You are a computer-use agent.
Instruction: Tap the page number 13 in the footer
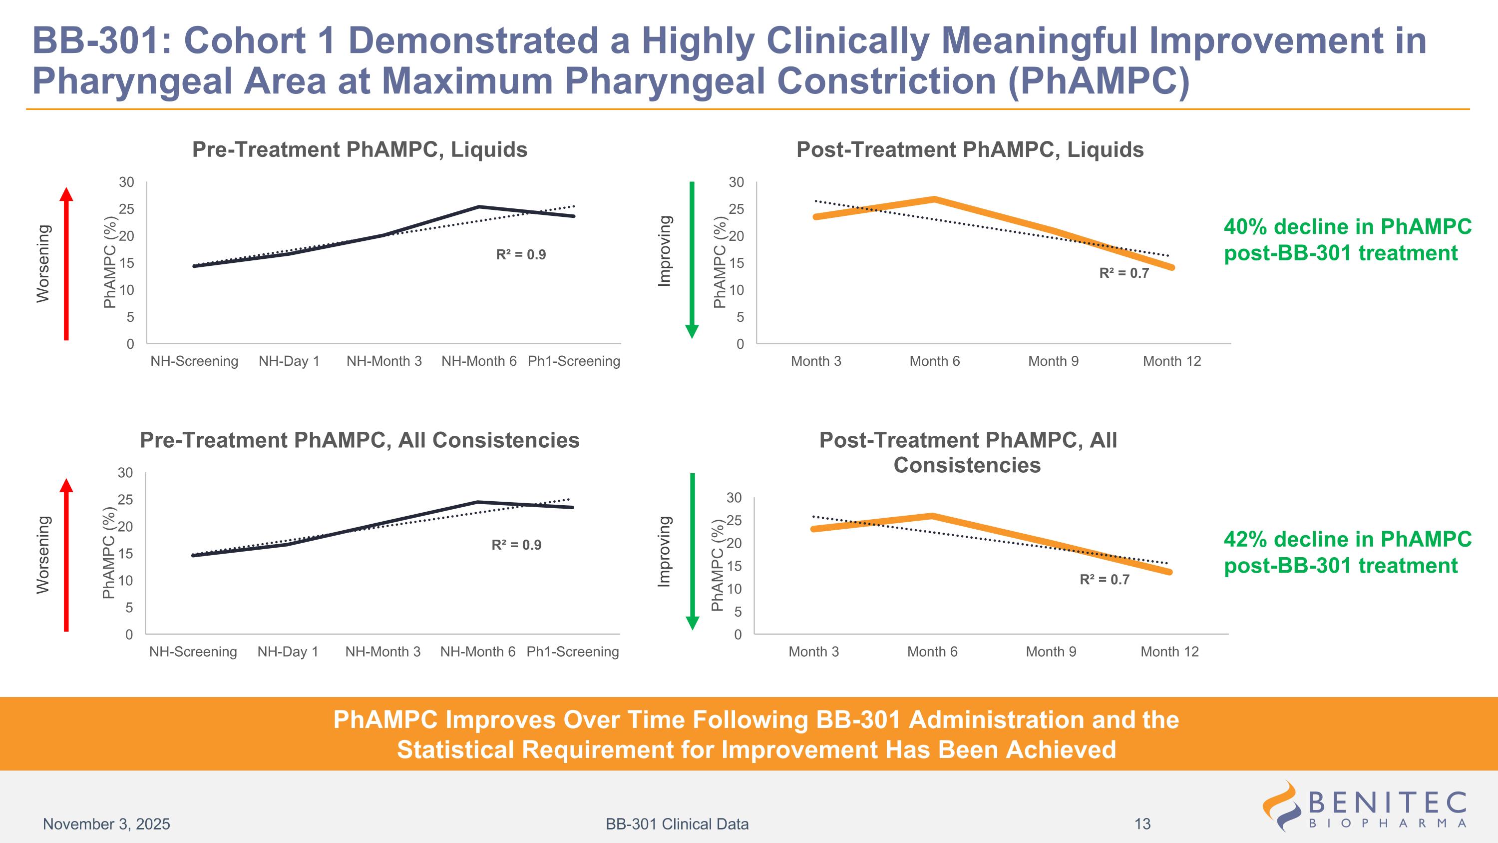tap(1142, 824)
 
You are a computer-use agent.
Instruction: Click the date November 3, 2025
tap(106, 824)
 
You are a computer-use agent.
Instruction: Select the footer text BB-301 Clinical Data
tap(677, 824)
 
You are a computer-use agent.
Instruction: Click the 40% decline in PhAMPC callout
tap(1347, 240)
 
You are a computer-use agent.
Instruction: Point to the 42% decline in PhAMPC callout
tap(1347, 552)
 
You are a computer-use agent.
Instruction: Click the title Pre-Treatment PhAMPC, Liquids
tap(360, 149)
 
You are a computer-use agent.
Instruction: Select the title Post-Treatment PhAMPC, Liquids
tap(969, 149)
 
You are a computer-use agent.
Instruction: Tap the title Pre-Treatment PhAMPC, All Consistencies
tap(360, 440)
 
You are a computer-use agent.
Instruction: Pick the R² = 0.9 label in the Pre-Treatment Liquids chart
tap(520, 255)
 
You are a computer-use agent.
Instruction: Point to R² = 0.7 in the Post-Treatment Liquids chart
tap(1123, 273)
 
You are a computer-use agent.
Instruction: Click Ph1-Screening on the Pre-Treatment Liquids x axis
tap(573, 361)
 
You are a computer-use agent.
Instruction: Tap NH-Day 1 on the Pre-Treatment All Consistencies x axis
tap(288, 652)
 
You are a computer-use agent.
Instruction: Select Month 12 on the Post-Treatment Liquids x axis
tap(1171, 361)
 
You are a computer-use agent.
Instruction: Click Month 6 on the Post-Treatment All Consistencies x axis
tap(932, 652)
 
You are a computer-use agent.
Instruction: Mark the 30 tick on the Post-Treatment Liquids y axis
tap(736, 182)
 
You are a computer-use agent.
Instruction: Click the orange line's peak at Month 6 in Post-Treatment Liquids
tap(935, 199)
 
